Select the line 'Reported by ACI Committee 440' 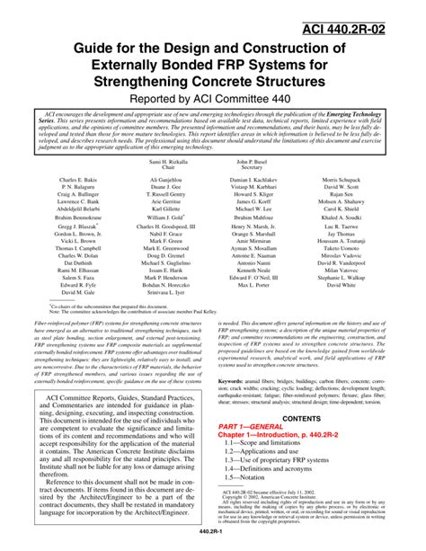[x=213, y=98]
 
